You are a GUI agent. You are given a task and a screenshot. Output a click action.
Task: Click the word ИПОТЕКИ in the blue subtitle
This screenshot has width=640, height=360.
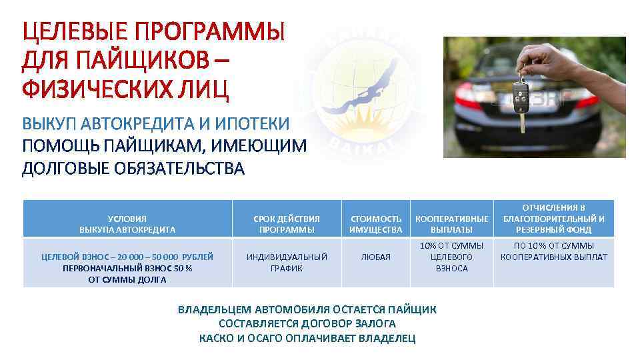(253, 124)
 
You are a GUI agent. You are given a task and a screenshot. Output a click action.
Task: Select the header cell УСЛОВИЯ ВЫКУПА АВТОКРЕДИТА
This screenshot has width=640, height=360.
(127, 224)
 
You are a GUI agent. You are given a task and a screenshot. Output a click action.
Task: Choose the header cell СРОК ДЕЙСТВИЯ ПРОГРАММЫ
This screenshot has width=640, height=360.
(287, 224)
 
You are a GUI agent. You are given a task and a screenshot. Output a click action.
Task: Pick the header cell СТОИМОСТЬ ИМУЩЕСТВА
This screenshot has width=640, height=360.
(376, 224)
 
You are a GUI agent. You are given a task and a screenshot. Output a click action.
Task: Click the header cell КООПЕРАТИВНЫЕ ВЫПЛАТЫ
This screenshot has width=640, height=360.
(452, 224)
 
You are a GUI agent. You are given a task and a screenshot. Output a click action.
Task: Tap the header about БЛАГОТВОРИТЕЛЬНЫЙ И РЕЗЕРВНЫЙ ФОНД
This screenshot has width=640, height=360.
(554, 219)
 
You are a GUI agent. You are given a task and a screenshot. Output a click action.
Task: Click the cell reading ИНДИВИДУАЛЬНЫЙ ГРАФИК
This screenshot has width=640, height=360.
(287, 262)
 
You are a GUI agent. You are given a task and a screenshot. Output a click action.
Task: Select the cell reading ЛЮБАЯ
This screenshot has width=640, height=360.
(376, 257)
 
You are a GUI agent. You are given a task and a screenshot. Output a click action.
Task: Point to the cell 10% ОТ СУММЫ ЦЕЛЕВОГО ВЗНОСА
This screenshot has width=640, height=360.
(452, 257)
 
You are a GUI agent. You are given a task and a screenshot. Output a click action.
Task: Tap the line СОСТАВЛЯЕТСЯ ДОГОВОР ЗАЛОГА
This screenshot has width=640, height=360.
(307, 324)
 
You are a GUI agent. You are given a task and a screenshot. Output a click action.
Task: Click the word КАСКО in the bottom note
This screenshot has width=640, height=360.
(215, 338)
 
